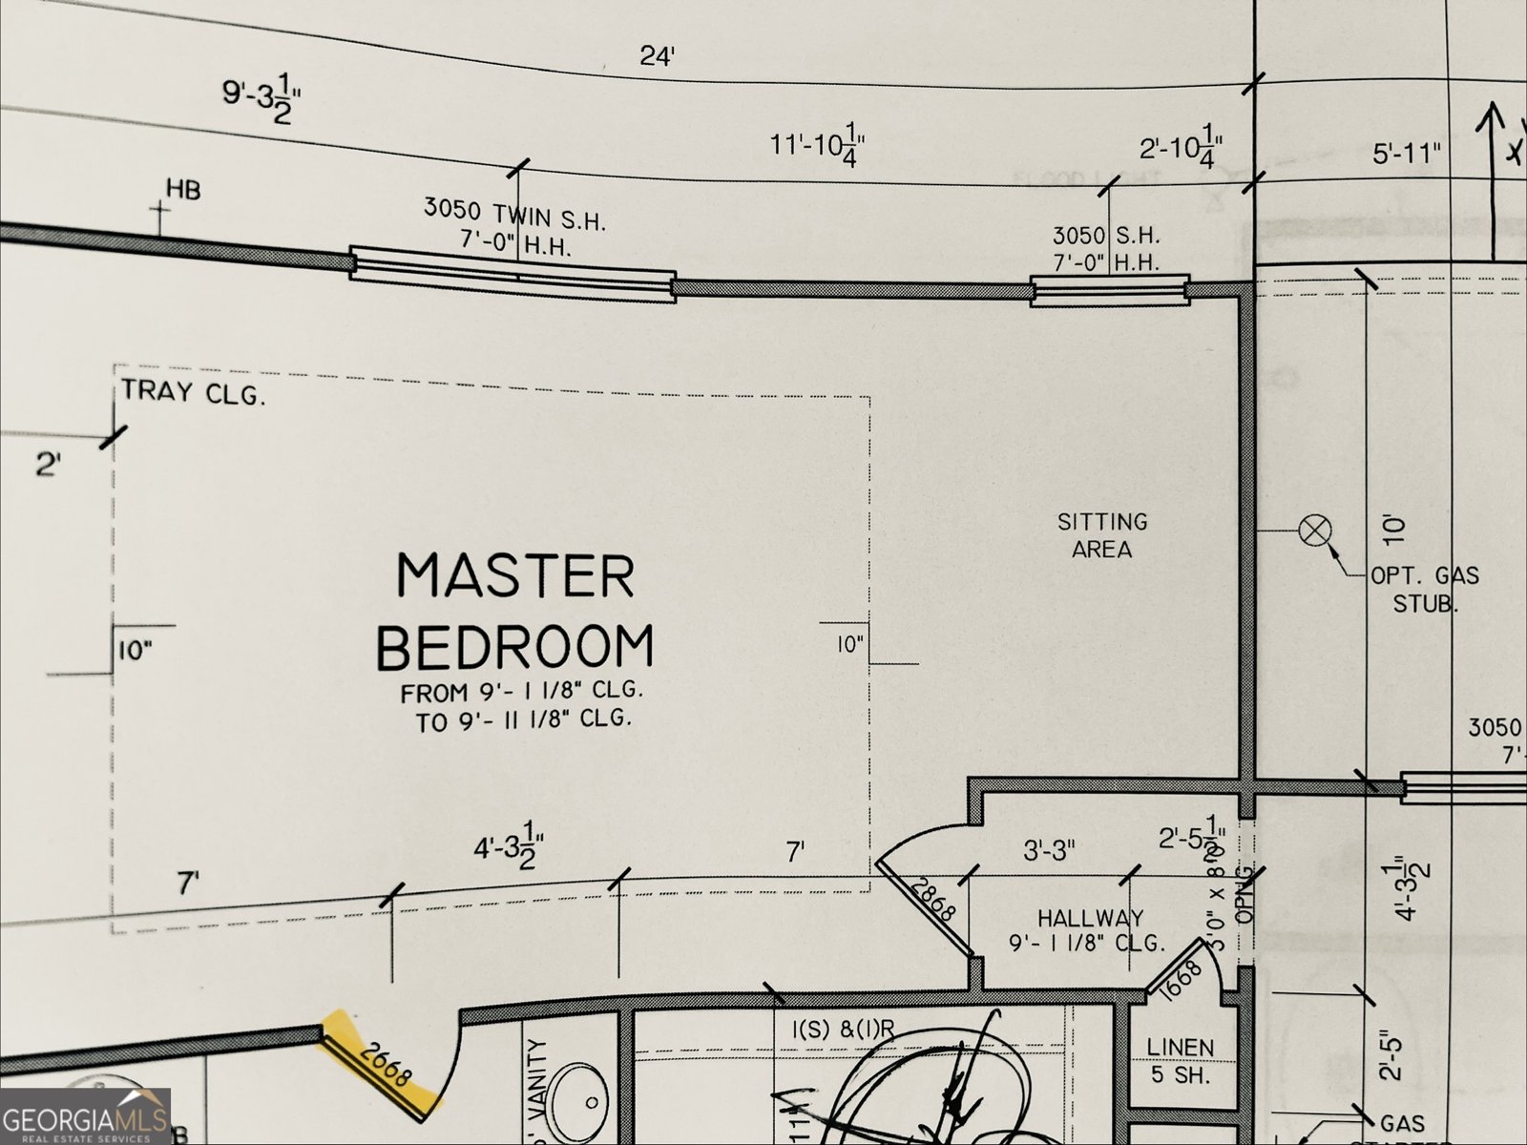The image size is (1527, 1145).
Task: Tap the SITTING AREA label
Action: (x=1102, y=535)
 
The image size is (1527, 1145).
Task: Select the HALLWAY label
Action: (x=1090, y=919)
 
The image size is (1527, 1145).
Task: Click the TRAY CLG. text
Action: (x=192, y=392)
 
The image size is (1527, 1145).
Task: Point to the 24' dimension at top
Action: (x=657, y=56)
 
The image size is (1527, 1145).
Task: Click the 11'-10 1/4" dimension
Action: (x=818, y=146)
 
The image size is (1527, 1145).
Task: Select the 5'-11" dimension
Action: (x=1406, y=153)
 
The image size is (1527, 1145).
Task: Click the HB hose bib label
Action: (x=183, y=190)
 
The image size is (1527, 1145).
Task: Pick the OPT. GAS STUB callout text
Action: (x=1425, y=589)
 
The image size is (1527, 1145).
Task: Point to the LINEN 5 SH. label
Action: (x=1181, y=1060)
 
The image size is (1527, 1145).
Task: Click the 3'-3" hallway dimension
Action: (x=1049, y=848)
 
